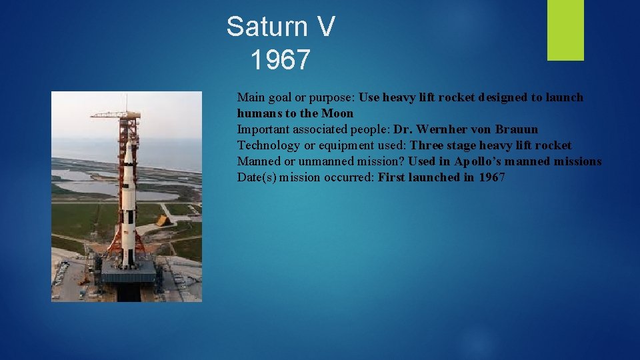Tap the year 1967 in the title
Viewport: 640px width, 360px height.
[x=281, y=60]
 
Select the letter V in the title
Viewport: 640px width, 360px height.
[x=324, y=27]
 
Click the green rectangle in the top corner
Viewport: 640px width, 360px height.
[x=565, y=30]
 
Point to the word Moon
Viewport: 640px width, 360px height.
[x=337, y=113]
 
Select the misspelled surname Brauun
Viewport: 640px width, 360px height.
[x=517, y=129]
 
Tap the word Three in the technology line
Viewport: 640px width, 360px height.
[x=427, y=145]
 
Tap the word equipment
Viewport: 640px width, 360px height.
[x=335, y=145]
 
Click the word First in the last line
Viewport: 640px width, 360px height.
[x=393, y=177]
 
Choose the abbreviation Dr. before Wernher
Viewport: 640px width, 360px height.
[x=403, y=129]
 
